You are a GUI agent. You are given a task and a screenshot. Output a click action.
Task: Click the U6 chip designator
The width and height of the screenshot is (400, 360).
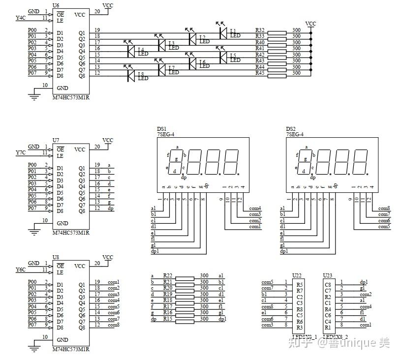click(x=56, y=5)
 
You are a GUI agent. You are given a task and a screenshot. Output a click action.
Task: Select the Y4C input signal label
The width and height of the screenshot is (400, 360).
click(x=20, y=18)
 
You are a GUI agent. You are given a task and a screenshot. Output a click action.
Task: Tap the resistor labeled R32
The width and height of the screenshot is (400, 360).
click(x=277, y=32)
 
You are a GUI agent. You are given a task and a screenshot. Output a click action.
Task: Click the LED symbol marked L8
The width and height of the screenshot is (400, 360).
click(x=131, y=76)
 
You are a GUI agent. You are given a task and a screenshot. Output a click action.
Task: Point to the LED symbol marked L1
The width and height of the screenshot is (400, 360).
click(x=223, y=32)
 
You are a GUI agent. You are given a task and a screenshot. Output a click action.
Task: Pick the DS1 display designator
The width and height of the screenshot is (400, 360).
click(x=161, y=128)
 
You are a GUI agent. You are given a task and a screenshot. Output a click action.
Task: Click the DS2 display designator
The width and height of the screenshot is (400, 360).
click(x=291, y=128)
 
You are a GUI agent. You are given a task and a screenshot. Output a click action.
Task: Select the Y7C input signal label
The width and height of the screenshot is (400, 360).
click(x=20, y=153)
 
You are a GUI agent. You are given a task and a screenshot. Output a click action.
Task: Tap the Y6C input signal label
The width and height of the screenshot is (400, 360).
click(x=20, y=270)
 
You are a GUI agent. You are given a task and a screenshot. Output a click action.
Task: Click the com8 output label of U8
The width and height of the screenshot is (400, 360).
click(x=114, y=325)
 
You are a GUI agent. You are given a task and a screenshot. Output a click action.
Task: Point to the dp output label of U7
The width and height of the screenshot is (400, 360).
click(x=110, y=208)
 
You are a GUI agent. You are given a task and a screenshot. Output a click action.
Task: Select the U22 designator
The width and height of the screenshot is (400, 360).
click(x=297, y=275)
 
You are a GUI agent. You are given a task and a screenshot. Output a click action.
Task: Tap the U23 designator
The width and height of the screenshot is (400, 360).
click(x=327, y=275)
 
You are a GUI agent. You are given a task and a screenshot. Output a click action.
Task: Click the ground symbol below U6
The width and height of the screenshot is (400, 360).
click(x=34, y=96)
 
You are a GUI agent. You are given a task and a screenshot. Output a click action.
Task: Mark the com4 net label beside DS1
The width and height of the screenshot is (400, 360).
click(x=255, y=208)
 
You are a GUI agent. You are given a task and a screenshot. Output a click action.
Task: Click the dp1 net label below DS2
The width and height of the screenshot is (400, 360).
click(x=284, y=251)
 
